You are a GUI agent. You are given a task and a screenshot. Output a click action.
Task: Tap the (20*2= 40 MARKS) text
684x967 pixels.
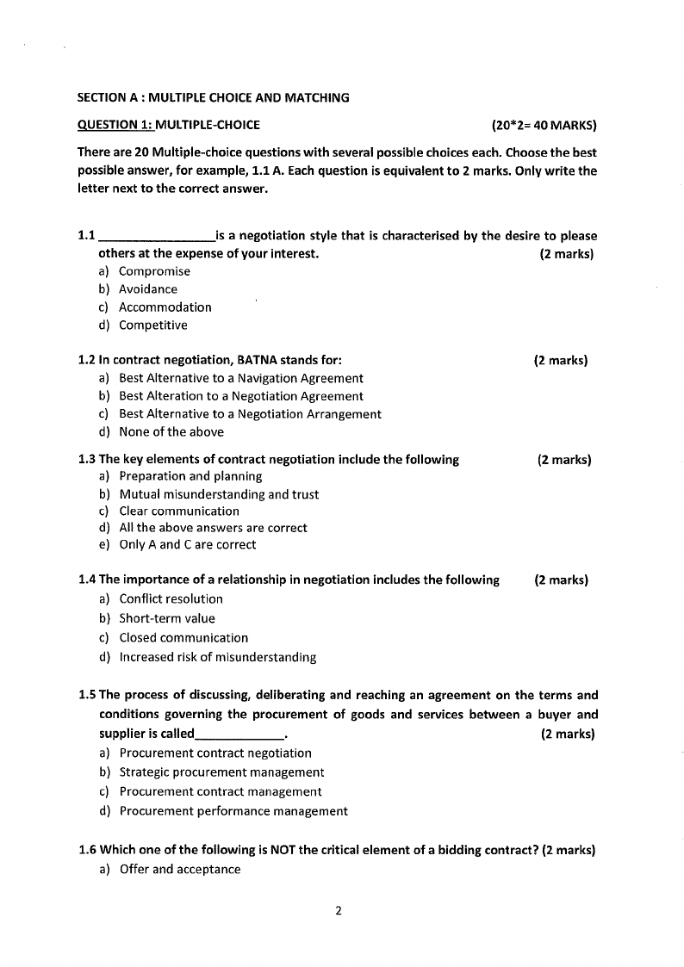(x=544, y=125)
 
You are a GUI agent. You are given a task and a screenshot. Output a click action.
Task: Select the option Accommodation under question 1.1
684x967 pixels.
(x=165, y=307)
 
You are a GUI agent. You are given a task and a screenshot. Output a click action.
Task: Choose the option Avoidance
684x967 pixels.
(x=148, y=289)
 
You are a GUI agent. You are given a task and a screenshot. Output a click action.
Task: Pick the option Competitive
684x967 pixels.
(x=152, y=325)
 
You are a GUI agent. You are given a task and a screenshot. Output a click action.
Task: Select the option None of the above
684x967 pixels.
(x=171, y=432)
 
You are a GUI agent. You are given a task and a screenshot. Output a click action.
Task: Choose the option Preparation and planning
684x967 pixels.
(x=190, y=476)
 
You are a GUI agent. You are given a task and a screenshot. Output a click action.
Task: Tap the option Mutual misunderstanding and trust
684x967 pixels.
(x=219, y=494)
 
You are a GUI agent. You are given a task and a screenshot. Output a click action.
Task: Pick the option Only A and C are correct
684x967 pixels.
(x=187, y=544)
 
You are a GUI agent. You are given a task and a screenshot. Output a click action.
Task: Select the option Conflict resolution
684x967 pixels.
(x=171, y=599)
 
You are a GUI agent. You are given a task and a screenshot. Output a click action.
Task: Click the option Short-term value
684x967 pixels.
(x=167, y=618)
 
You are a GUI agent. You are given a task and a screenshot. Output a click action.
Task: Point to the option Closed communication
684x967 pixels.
(x=183, y=638)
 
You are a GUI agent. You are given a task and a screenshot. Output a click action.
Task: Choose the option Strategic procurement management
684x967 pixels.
(x=221, y=772)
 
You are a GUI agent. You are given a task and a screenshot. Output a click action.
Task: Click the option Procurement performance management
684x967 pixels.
(x=233, y=811)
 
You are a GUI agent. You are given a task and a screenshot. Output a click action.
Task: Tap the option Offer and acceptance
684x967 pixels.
(x=179, y=870)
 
